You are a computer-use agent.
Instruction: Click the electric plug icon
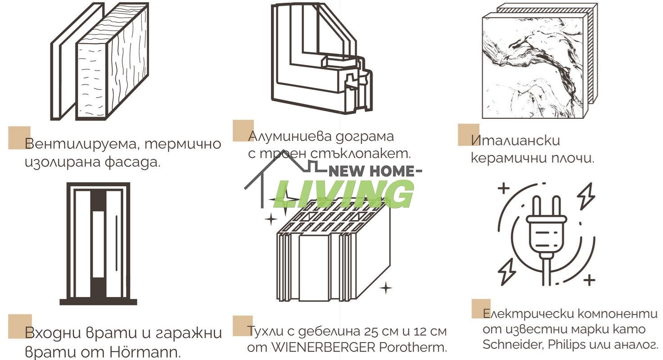point(546,234)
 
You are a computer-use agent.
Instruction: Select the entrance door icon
point(98,243)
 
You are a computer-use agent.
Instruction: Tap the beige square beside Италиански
point(468,134)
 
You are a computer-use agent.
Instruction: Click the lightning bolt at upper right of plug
point(586,196)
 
